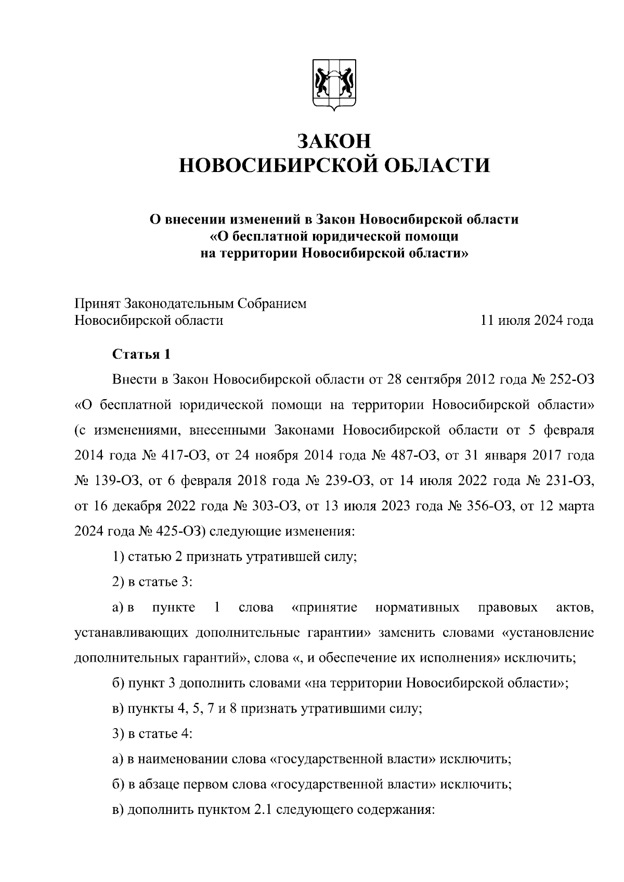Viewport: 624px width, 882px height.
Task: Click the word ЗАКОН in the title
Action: click(x=334, y=141)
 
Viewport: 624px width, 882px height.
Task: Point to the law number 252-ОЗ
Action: click(x=571, y=379)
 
